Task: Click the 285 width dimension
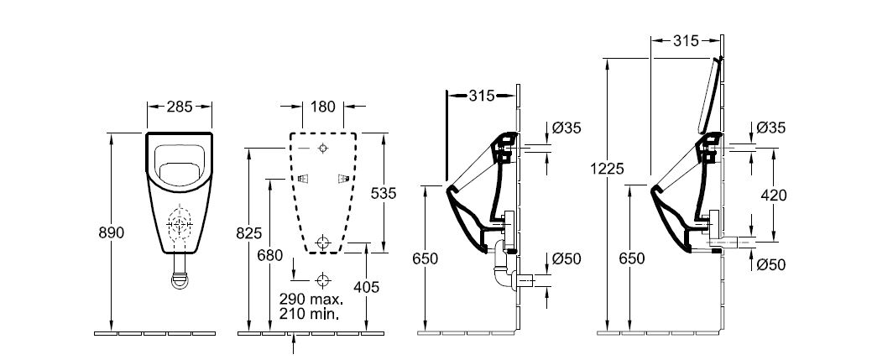[180, 107]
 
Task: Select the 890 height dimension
[112, 232]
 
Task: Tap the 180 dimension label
[323, 106]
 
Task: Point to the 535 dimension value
[384, 193]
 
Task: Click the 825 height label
[248, 233]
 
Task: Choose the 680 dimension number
[269, 255]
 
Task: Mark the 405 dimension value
[367, 287]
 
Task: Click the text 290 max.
[312, 300]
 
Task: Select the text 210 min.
[310, 314]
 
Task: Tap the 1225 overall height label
[608, 168]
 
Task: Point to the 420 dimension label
[774, 196]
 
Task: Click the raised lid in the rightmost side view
[708, 95]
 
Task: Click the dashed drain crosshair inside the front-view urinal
[180, 224]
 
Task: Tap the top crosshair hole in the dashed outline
[323, 148]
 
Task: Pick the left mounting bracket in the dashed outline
[302, 179]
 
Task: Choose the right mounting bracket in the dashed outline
[343, 179]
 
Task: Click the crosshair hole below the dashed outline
[322, 279]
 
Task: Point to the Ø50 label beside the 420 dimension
[771, 265]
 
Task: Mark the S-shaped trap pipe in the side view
[504, 264]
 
